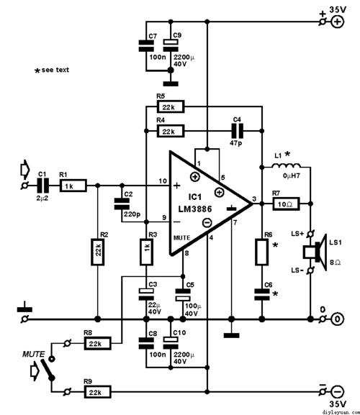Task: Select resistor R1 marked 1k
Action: click(72, 186)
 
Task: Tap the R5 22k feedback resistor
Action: click(170, 107)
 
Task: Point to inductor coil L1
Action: click(286, 169)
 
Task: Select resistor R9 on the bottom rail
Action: click(96, 391)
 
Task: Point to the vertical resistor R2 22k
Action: click(97, 252)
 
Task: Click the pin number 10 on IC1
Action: click(163, 179)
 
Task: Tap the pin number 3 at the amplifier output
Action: click(254, 198)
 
